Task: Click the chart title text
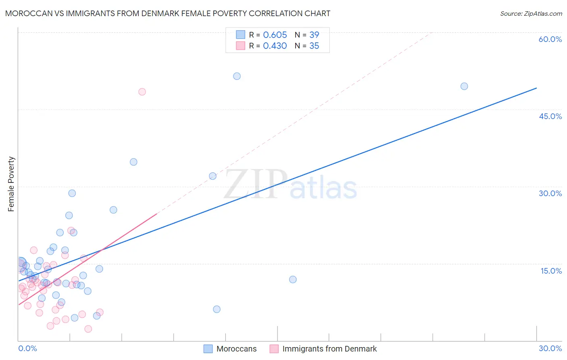click(x=168, y=13)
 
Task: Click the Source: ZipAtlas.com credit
click(x=531, y=14)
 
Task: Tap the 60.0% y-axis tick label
click(x=550, y=39)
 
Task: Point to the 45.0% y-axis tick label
click(x=550, y=116)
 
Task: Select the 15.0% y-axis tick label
click(x=551, y=271)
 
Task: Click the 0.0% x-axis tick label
click(x=27, y=348)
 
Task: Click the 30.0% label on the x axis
click(x=550, y=348)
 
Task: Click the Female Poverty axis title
click(x=11, y=184)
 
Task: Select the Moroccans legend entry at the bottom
click(x=236, y=349)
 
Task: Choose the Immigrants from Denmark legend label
click(x=329, y=349)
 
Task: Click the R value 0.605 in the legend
click(x=275, y=35)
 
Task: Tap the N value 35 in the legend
click(x=314, y=46)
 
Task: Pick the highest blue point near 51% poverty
click(x=237, y=76)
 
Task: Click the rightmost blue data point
click(x=464, y=86)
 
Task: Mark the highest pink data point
click(x=142, y=92)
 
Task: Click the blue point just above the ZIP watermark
click(x=213, y=176)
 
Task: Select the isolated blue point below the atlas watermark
click(x=293, y=279)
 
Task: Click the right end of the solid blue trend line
click(x=536, y=88)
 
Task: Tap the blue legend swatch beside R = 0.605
click(x=241, y=35)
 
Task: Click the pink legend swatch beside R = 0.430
click(x=241, y=46)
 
